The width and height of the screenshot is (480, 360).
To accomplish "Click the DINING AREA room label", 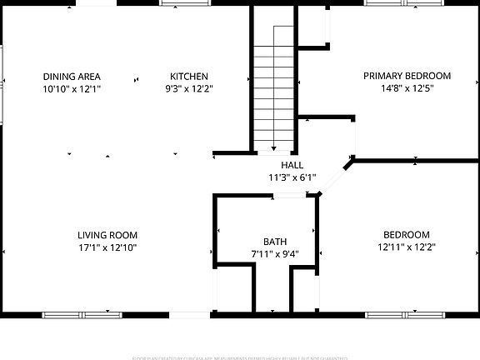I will click(72, 76).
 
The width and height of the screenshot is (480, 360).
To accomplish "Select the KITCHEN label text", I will click(188, 76).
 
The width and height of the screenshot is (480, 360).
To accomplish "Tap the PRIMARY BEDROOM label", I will click(407, 75).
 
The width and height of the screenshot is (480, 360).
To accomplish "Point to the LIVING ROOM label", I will click(107, 235).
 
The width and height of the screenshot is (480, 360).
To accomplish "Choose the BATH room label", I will click(275, 242).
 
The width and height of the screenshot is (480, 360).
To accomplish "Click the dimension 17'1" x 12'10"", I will click(107, 247).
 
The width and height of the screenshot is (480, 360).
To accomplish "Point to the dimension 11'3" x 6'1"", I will click(292, 177).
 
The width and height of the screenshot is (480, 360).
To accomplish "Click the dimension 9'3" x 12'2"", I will click(188, 87).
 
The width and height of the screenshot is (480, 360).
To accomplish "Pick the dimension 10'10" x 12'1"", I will click(72, 87).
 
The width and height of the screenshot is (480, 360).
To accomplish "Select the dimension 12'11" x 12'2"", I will click(407, 247).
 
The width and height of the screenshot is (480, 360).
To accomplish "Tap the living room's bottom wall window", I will click(82, 315).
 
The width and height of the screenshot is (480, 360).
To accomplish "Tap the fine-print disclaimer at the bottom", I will click(240, 356).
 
